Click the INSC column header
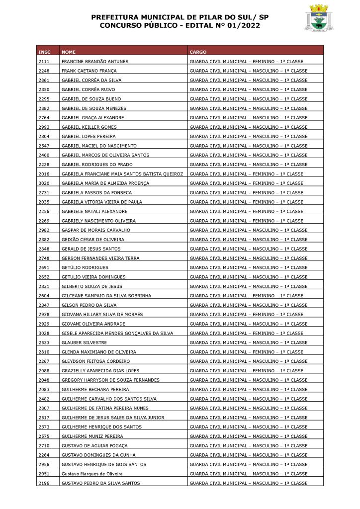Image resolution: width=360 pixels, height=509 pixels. (44, 52)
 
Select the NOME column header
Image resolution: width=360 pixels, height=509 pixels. (69, 52)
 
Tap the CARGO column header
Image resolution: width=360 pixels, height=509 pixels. (198, 52)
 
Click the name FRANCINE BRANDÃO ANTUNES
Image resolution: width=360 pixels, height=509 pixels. (94, 61)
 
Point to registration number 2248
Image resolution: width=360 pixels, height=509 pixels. (43, 71)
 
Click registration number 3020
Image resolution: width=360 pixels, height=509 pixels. (43, 183)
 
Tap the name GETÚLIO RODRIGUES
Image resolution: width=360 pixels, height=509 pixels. (85, 267)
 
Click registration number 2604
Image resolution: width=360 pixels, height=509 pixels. (43, 296)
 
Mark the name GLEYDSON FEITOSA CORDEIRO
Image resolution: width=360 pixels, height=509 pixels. (95, 361)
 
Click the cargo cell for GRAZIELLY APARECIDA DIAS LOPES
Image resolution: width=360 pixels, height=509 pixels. (246, 371)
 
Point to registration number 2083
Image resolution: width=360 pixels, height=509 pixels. (43, 389)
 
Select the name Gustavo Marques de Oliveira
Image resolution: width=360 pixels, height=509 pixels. (91, 474)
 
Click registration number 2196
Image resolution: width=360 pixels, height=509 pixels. (43, 483)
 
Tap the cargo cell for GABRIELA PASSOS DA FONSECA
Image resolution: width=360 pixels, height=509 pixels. (246, 192)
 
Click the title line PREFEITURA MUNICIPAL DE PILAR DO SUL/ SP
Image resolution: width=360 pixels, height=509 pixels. (180, 17)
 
